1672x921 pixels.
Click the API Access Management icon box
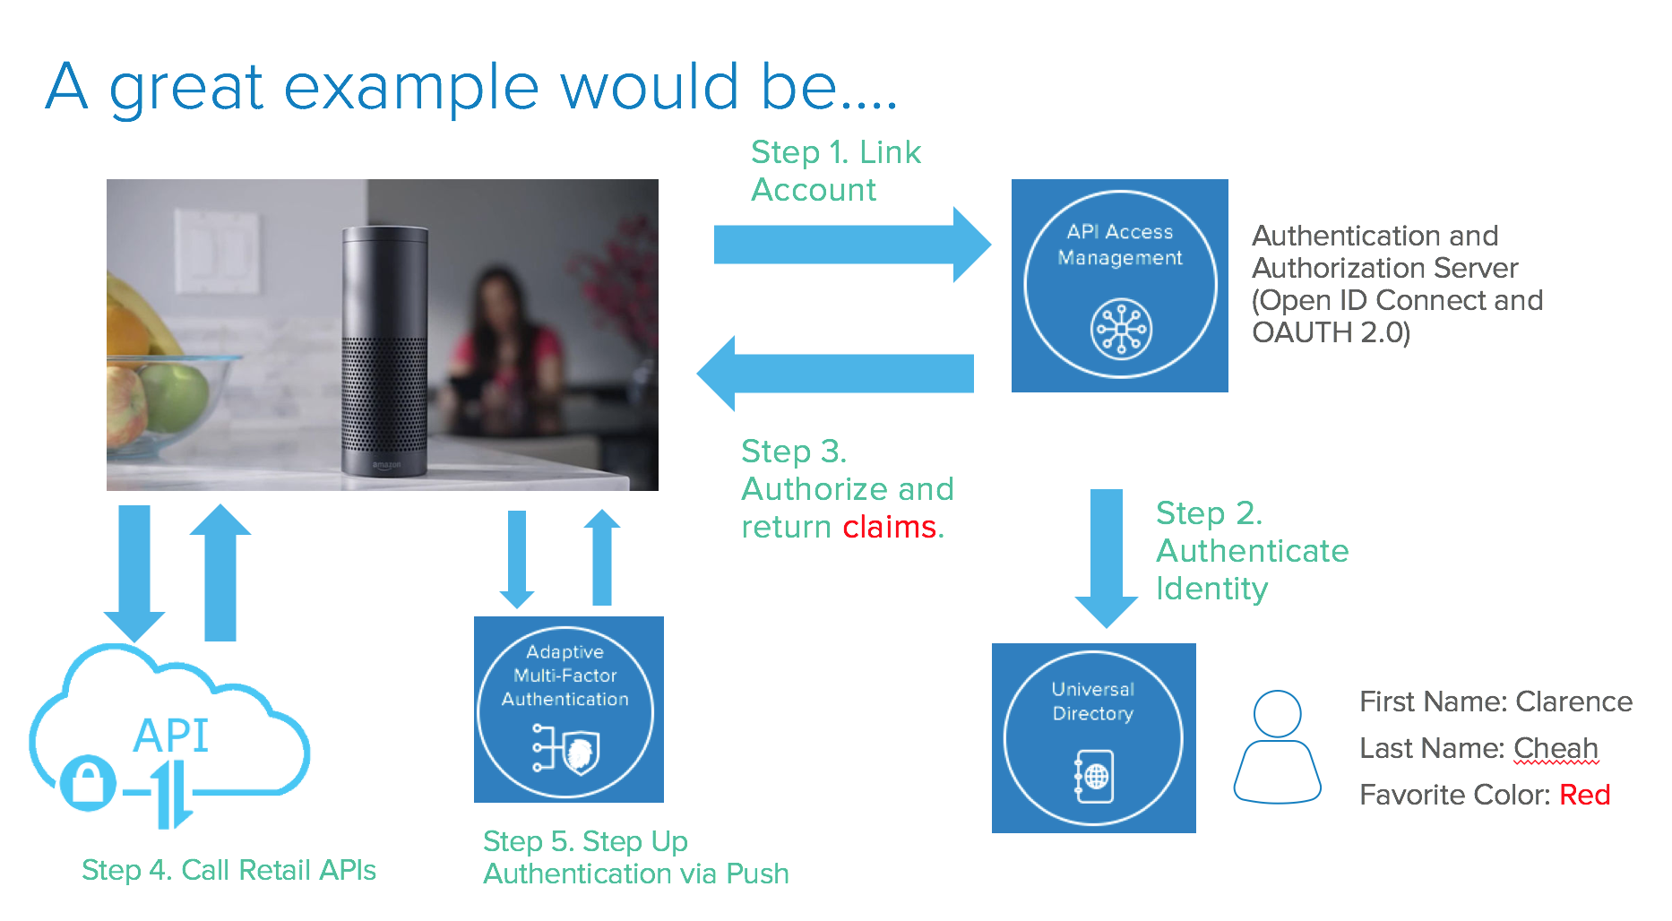(x=1119, y=285)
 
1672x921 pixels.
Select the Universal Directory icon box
(x=1093, y=737)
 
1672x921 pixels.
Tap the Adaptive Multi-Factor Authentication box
(x=568, y=710)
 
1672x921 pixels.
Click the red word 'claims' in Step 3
(x=889, y=527)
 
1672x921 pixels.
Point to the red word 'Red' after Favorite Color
(x=1584, y=795)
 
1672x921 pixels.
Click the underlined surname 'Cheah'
(x=1556, y=748)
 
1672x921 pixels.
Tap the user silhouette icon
(x=1277, y=746)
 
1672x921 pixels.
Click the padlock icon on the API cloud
(x=87, y=782)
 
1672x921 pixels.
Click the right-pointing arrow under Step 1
(x=851, y=245)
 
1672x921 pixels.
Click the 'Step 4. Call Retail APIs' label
(x=228, y=870)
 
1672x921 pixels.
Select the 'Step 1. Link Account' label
(x=835, y=171)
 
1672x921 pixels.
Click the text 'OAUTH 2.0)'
(x=1331, y=332)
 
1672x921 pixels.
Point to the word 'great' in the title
(x=186, y=88)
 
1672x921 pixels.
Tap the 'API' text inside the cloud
(x=170, y=736)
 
